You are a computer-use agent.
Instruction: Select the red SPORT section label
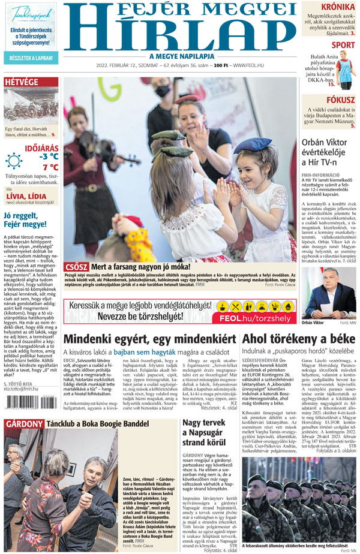coord(343,45)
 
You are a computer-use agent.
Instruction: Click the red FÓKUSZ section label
coord(340,100)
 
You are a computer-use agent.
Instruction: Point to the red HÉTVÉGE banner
coord(22,82)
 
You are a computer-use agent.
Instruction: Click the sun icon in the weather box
coord(14,161)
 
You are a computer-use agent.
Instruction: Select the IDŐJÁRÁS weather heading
coord(41,146)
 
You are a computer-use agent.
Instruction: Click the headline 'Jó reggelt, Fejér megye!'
coord(25,219)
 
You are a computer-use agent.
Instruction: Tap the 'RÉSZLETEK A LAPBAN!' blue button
coord(31,59)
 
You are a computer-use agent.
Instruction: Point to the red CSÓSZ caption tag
coord(76,266)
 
